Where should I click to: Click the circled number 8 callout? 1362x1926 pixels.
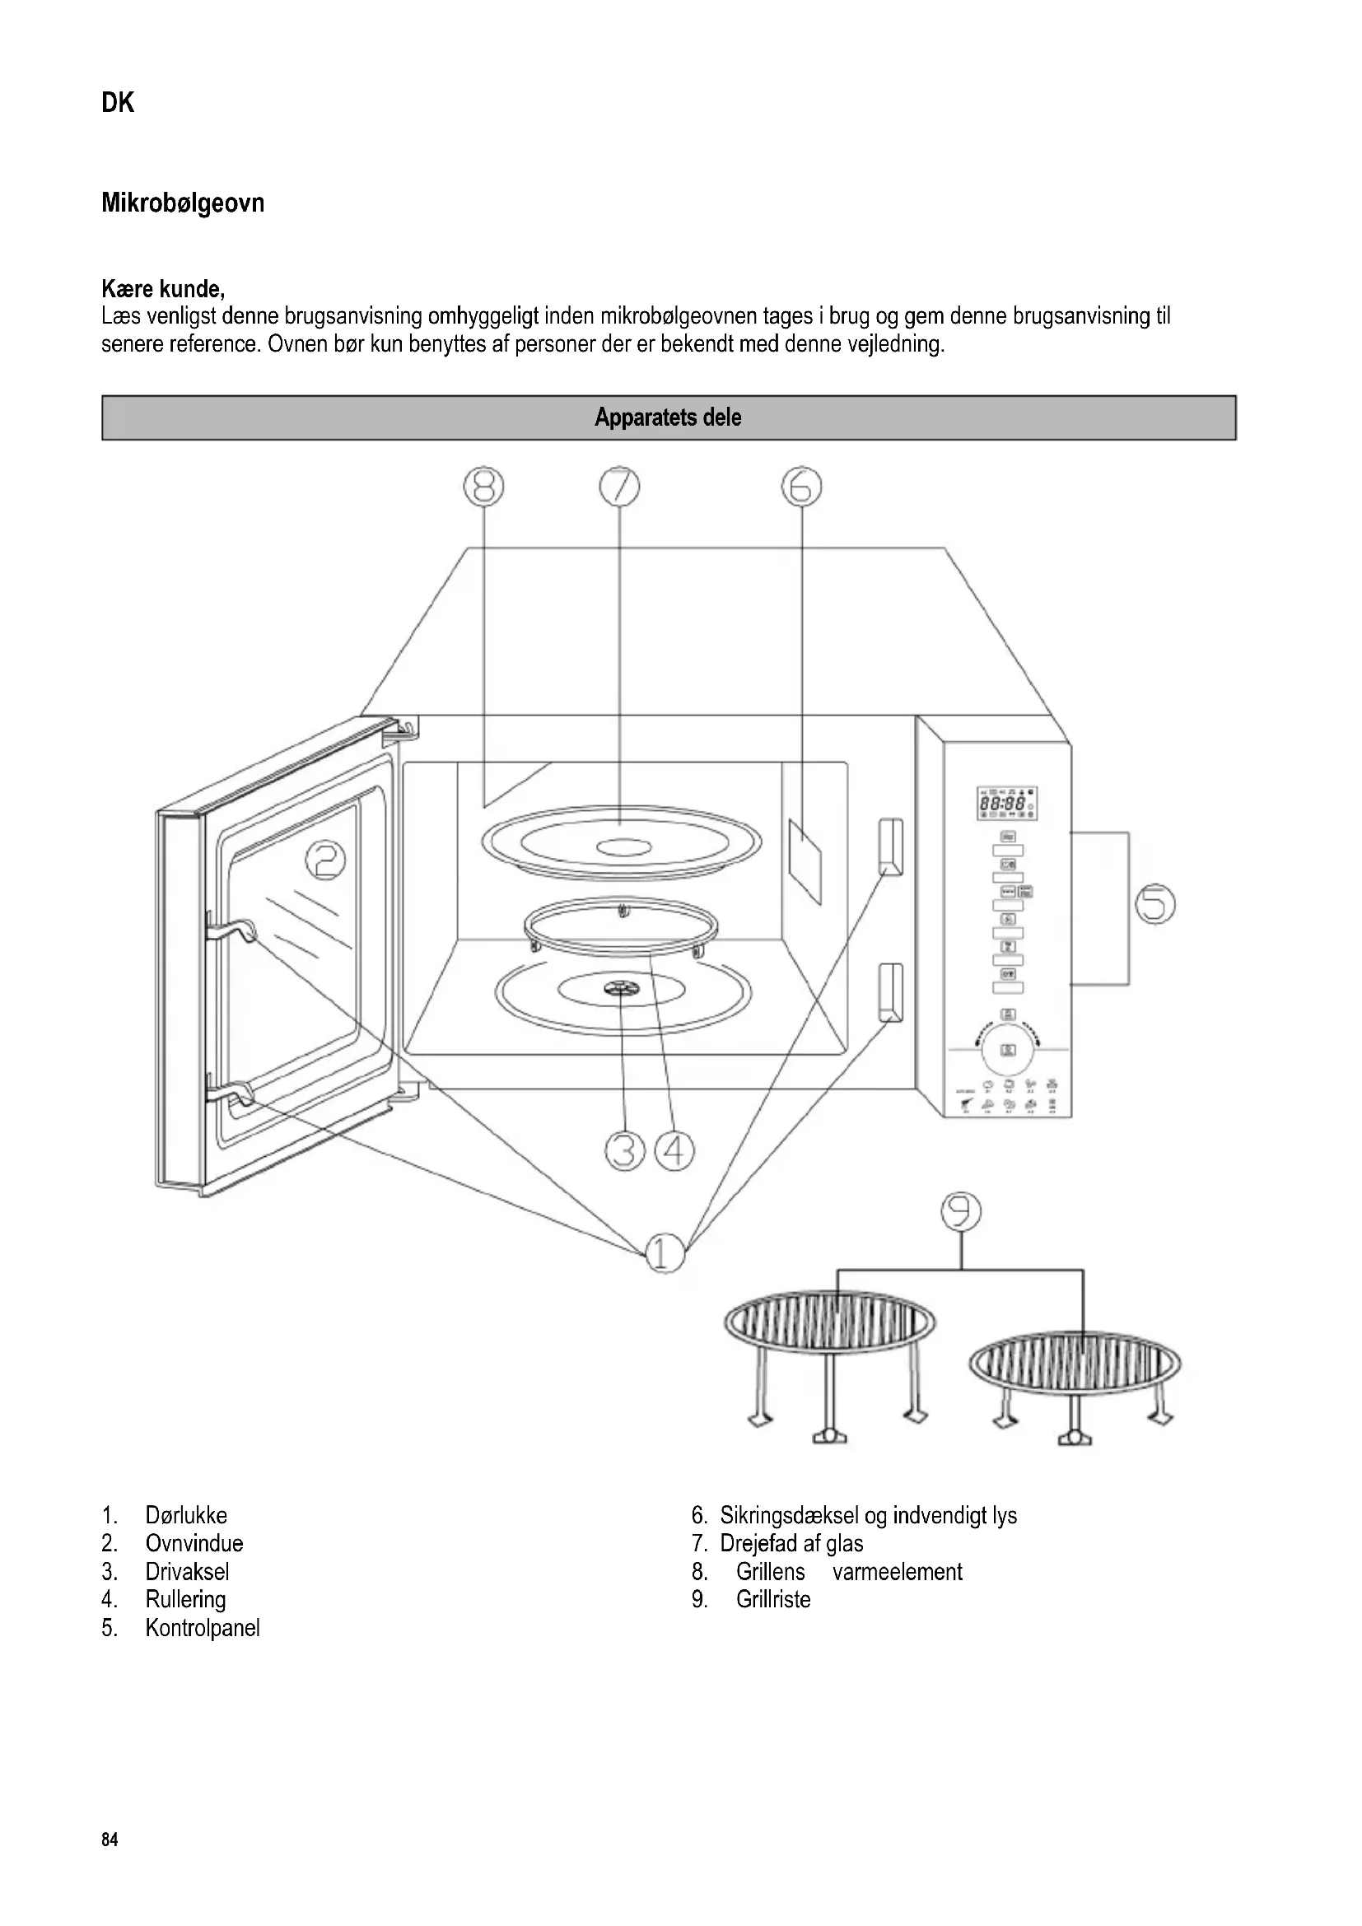click(x=484, y=487)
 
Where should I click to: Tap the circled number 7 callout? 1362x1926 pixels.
click(x=619, y=487)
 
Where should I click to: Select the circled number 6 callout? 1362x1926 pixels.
click(x=802, y=487)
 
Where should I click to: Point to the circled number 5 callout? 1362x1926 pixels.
click(x=1154, y=904)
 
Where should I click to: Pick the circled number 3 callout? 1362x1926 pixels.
click(x=625, y=1151)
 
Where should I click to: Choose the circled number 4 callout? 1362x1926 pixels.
click(x=674, y=1151)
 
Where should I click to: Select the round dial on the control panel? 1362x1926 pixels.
click(x=1008, y=1048)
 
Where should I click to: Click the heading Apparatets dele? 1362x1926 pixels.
click(x=669, y=417)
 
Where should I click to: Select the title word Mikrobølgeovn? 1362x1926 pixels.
click(x=183, y=203)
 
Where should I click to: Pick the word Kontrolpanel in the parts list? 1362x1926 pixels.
click(x=202, y=1628)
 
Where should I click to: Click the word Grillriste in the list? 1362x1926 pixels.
click(x=773, y=1600)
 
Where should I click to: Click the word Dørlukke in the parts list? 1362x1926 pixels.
click(x=186, y=1516)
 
